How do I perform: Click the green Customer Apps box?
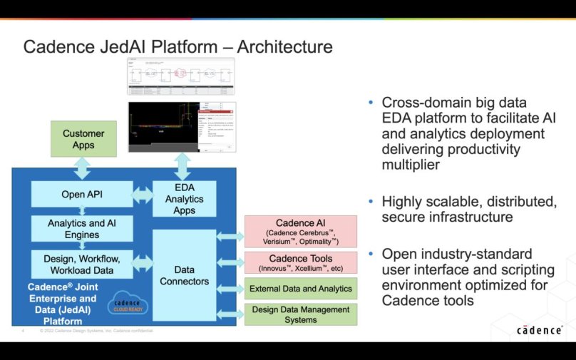click(x=83, y=139)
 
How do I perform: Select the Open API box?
click(x=82, y=194)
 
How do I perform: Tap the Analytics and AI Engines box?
click(x=82, y=229)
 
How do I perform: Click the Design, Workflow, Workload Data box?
click(x=82, y=264)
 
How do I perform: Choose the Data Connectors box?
click(x=184, y=275)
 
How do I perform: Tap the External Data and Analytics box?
click(x=300, y=289)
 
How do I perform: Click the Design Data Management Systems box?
click(x=300, y=314)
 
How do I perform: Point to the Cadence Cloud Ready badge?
click(x=128, y=305)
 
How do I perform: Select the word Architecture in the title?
click(x=284, y=47)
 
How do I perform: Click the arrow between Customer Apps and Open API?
click(x=83, y=169)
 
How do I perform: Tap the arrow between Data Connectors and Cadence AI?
click(x=230, y=235)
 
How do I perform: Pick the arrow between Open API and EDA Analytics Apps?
click(x=143, y=194)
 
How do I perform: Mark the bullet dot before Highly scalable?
click(x=371, y=202)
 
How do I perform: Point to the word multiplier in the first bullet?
click(x=410, y=165)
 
